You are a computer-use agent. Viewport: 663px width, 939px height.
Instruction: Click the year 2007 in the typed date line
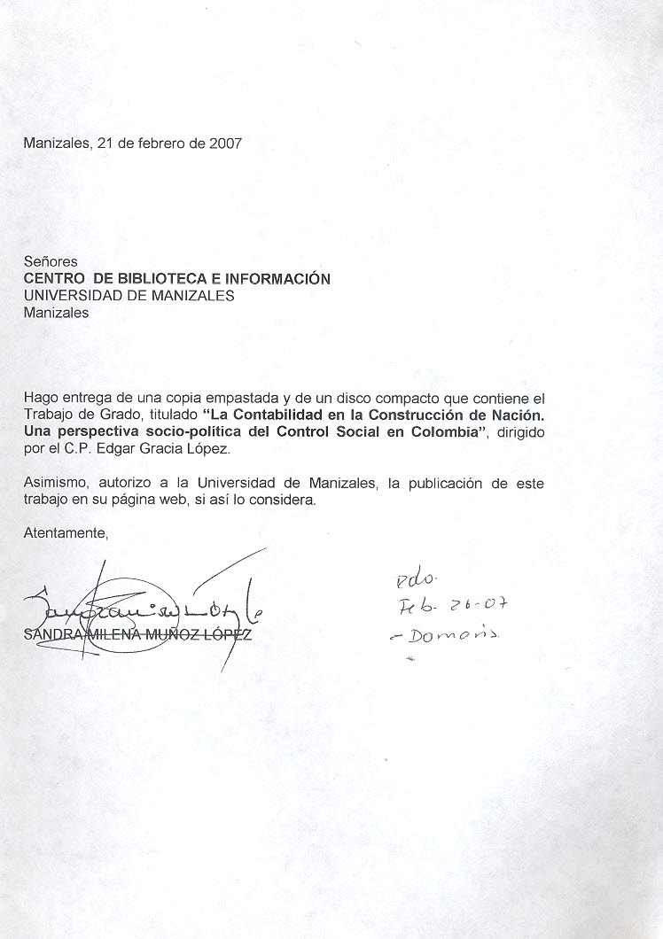click(225, 143)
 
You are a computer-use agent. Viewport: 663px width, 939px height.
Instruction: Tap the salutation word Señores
click(51, 262)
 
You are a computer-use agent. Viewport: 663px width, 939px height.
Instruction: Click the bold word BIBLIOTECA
click(159, 279)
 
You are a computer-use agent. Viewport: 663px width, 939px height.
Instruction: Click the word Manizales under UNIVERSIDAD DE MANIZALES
click(56, 313)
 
